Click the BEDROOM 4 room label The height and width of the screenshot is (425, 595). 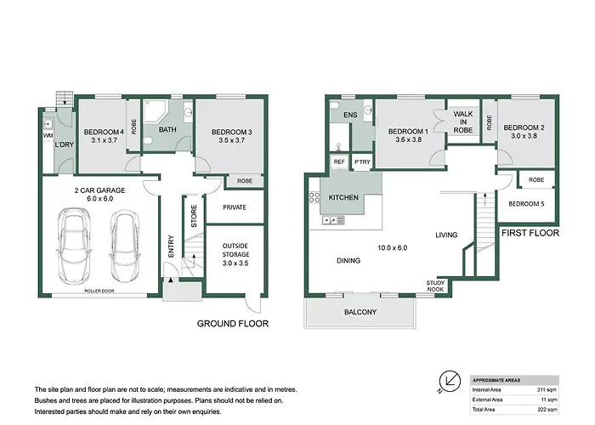104,132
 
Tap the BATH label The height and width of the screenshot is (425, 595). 167,129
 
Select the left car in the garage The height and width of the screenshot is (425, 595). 75,245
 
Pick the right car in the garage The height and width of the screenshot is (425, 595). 124,246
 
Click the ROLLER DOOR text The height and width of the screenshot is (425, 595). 99,291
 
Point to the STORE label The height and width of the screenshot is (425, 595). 194,216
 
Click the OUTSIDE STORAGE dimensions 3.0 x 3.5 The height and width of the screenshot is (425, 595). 235,263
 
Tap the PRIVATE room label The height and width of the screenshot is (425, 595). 235,207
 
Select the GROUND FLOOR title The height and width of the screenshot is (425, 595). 233,324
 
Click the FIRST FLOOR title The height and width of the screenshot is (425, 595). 530,233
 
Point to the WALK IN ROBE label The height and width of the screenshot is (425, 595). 463,122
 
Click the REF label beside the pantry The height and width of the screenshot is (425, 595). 339,161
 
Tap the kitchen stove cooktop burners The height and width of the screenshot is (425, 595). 314,197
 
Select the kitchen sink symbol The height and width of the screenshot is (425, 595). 333,220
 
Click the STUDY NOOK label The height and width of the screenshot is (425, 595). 435,286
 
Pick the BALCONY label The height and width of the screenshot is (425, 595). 360,312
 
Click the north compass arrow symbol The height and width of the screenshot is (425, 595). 450,381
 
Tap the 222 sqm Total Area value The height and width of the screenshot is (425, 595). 547,410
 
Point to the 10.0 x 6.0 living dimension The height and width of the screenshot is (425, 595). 393,248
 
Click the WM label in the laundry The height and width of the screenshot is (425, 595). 48,135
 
